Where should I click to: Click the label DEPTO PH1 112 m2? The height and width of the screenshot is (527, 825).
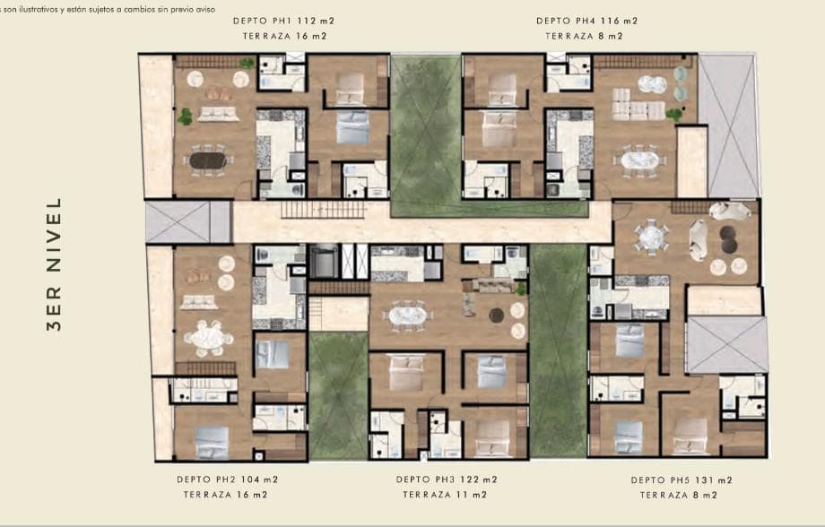pos(283,21)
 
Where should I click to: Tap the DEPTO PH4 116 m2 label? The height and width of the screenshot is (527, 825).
pos(587,21)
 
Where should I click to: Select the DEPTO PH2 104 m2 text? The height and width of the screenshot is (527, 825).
pos(227,479)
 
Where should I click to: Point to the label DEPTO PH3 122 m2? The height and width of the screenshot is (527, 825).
pos(447,479)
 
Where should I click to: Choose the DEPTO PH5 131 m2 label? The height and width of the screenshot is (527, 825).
pos(682,480)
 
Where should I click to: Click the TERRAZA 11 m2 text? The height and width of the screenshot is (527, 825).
pos(445,495)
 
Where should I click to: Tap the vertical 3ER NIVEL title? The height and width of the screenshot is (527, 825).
pos(54,264)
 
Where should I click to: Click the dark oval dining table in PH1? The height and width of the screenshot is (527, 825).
pos(207,160)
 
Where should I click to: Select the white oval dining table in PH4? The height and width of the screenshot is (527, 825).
pos(638,160)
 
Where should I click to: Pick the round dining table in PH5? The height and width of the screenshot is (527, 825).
pos(651,237)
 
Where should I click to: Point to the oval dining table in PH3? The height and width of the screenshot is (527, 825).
pos(407,315)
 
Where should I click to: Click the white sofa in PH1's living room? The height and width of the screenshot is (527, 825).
pos(218,114)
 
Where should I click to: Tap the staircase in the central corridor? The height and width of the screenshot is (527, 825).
pos(324,210)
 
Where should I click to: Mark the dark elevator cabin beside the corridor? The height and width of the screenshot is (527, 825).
pos(324,261)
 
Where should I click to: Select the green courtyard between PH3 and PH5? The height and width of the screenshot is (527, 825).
pos(558,350)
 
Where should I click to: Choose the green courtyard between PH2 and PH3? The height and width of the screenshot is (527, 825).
pos(338,396)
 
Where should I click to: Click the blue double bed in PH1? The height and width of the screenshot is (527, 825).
pos(352,126)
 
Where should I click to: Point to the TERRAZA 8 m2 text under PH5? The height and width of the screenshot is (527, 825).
pos(679,496)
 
